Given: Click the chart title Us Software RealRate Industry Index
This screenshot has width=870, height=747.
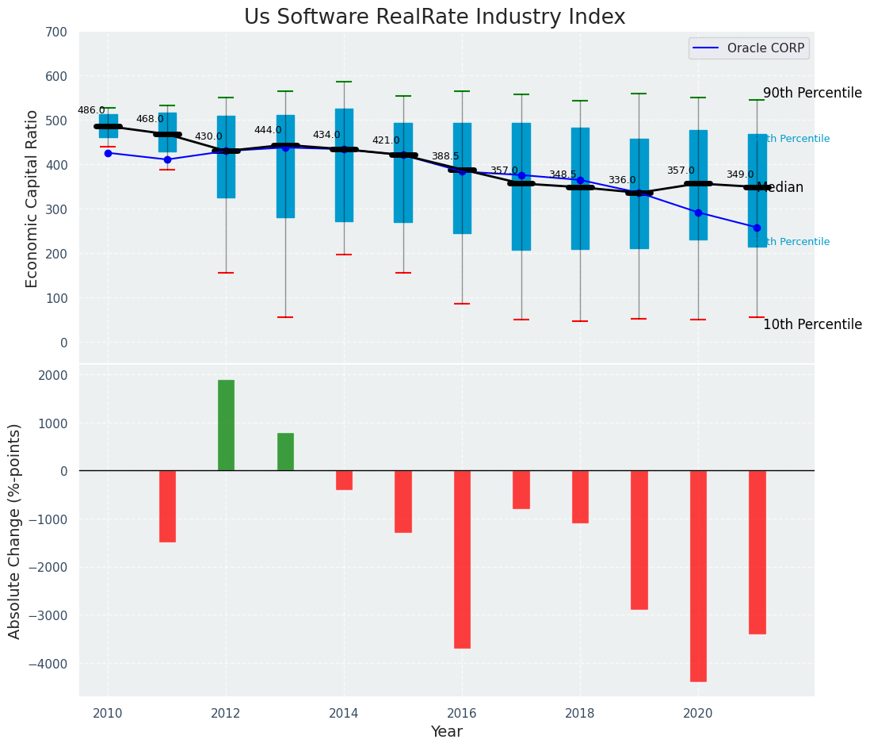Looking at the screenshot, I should (x=434, y=17).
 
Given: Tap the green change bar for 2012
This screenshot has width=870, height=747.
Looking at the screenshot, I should (x=226, y=425).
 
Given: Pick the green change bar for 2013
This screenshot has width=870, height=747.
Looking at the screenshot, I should (x=285, y=452).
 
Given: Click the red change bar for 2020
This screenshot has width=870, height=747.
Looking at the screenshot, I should (x=698, y=576).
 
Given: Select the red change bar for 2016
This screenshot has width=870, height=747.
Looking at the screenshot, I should (x=462, y=559).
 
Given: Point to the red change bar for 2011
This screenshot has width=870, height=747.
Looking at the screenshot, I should (x=167, y=506).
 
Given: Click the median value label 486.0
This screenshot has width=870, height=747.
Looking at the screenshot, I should (x=91, y=110).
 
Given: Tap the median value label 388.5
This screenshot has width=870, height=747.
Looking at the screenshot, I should (x=445, y=157).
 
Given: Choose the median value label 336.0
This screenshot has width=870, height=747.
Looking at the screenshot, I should (x=622, y=180).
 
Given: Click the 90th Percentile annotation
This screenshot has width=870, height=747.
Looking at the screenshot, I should (x=812, y=93).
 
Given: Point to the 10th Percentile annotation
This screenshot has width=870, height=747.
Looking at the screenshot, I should (x=812, y=324).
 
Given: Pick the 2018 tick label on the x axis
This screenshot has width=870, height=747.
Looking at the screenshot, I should (x=580, y=714).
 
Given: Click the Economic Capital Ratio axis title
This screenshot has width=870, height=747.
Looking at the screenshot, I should (x=32, y=198).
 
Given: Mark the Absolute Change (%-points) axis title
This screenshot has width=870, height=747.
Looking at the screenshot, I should (x=15, y=531).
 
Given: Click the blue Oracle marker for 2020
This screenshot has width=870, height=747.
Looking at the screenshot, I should (x=698, y=213).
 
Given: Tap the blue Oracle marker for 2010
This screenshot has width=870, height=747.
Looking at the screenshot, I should (x=108, y=153).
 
